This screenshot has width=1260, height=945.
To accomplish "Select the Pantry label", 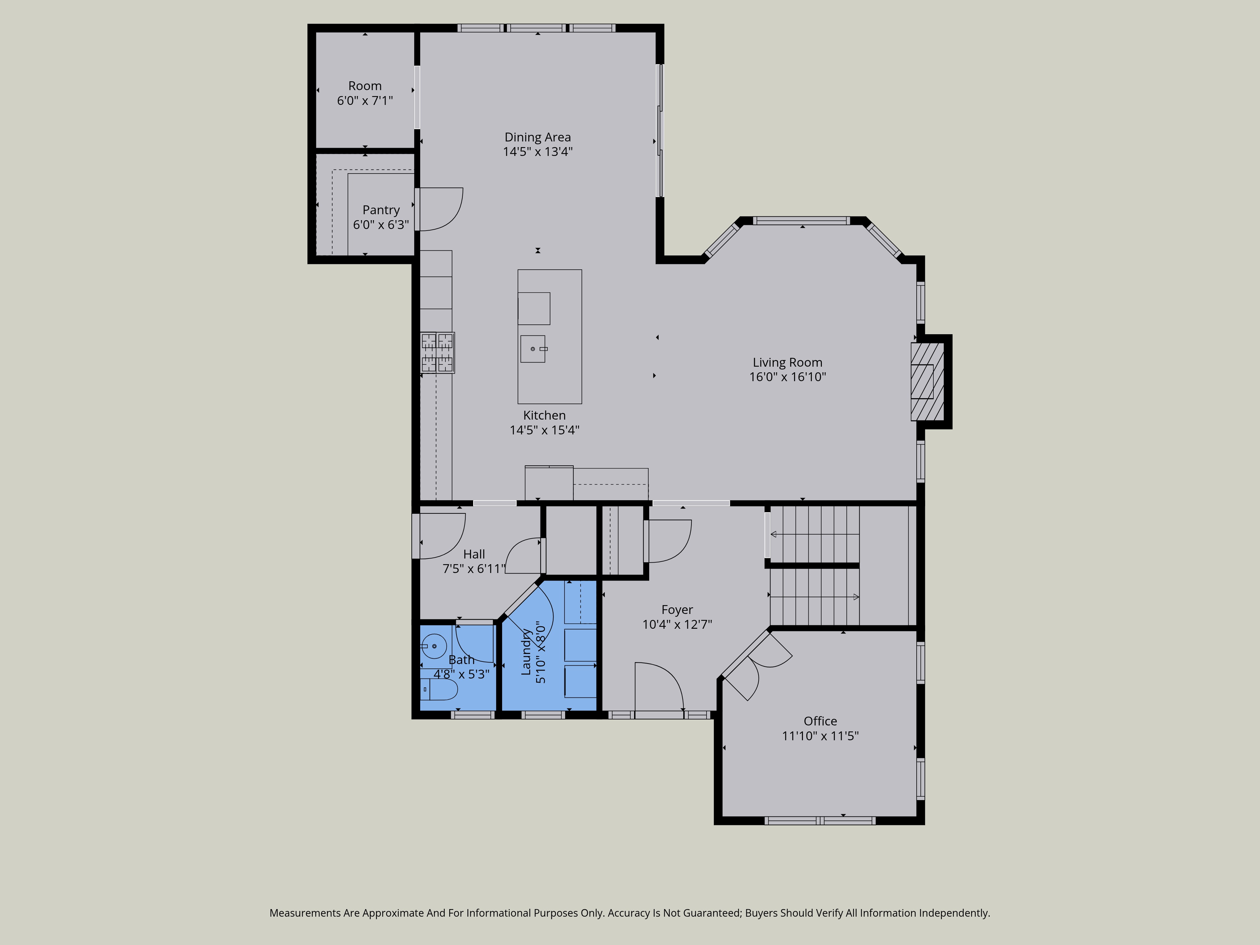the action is pyautogui.click(x=381, y=210).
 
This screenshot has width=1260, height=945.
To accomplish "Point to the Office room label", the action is pyautogui.click(x=820, y=721).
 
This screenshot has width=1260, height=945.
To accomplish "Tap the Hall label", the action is pyautogui.click(x=474, y=554).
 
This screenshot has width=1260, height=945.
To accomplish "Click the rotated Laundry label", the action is pyautogui.click(x=526, y=652).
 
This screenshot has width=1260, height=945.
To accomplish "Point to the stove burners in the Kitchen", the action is pyautogui.click(x=438, y=352).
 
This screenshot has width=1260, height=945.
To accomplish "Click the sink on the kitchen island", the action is pyautogui.click(x=533, y=349).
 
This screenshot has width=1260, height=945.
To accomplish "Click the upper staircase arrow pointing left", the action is pyautogui.click(x=815, y=534).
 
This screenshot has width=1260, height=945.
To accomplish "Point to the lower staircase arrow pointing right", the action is pyautogui.click(x=815, y=597).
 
